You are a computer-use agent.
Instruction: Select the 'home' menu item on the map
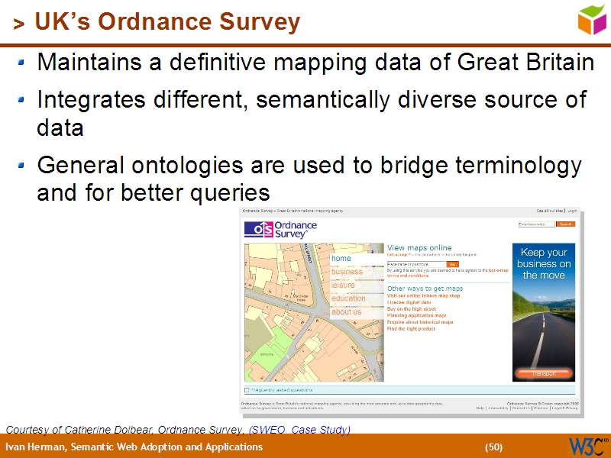click(x=341, y=259)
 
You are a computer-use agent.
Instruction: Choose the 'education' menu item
click(x=348, y=298)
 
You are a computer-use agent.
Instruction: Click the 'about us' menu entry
click(x=346, y=311)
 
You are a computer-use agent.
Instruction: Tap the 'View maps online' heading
click(x=419, y=248)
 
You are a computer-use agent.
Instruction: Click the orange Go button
click(x=453, y=264)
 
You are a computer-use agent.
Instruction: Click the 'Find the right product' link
click(x=411, y=328)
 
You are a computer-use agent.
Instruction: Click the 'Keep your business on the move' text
click(x=543, y=263)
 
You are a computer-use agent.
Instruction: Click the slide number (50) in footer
click(x=493, y=447)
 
